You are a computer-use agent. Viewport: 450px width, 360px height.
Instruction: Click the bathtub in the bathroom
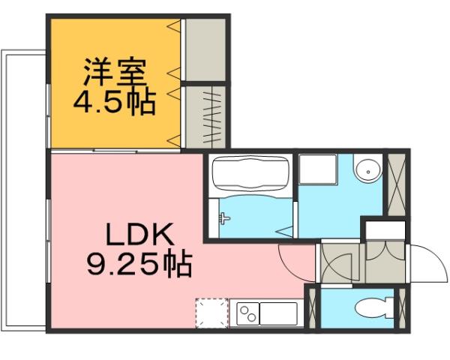[x=250, y=175]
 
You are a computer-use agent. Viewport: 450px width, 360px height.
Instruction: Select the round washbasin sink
[x=367, y=170]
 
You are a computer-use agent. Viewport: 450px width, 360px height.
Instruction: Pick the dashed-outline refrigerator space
[x=211, y=313]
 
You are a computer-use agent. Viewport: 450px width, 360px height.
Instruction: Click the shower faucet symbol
[x=223, y=219]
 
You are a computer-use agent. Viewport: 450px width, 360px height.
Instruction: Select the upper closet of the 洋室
[x=205, y=48]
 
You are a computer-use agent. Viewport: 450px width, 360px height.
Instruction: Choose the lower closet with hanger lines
[x=205, y=116]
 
